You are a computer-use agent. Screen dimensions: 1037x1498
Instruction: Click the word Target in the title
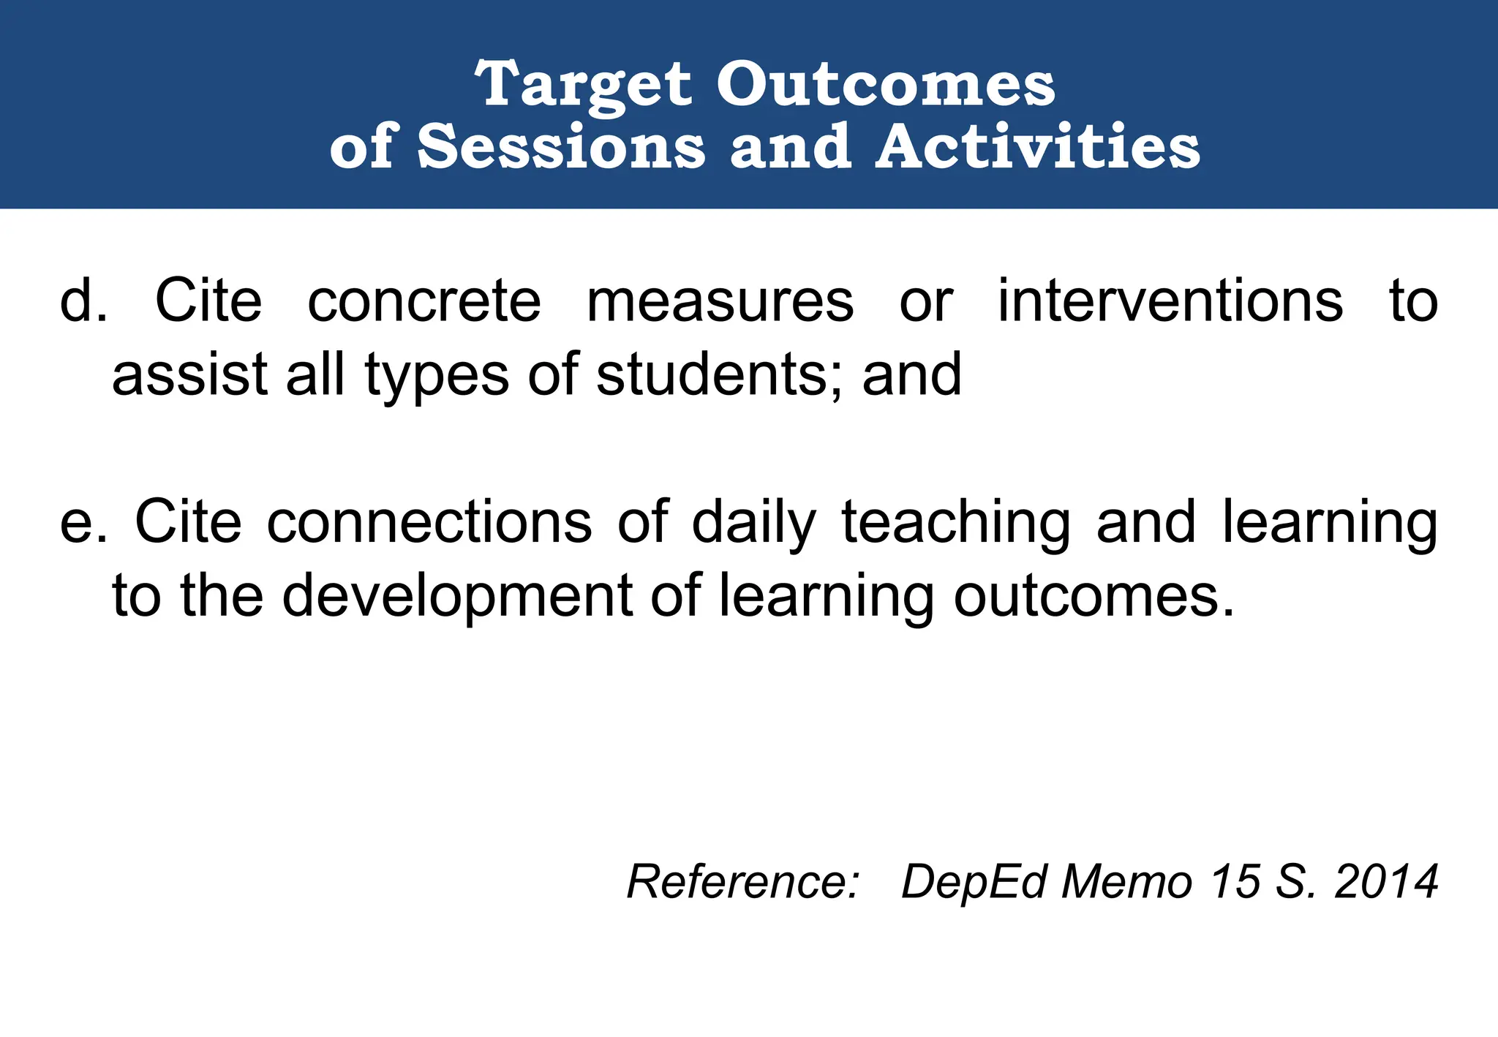pyautogui.click(x=583, y=85)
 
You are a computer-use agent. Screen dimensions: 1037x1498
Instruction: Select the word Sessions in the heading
pyautogui.click(x=561, y=147)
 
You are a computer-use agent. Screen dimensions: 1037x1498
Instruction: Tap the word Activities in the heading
pyautogui.click(x=1038, y=147)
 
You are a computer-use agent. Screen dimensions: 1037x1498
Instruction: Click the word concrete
pyautogui.click(x=424, y=301)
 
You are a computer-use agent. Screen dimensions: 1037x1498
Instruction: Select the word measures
pyautogui.click(x=720, y=301)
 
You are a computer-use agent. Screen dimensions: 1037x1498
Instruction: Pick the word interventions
pyautogui.click(x=1170, y=301)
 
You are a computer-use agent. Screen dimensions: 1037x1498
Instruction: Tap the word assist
pyautogui.click(x=190, y=374)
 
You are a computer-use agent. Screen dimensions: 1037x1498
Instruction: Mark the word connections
pyautogui.click(x=429, y=523)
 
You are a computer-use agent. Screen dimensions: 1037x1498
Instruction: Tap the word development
pyautogui.click(x=457, y=597)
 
